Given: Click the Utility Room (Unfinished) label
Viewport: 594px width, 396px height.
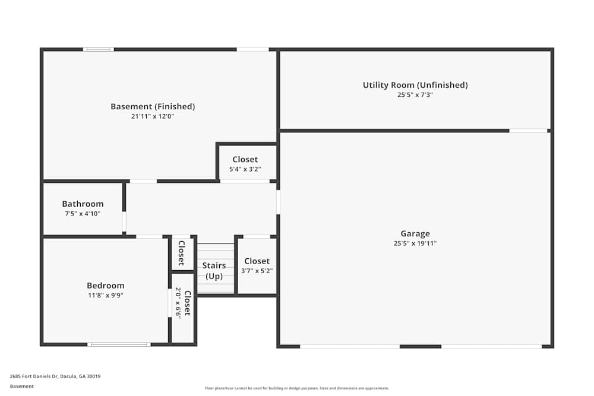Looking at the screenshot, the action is click(x=415, y=85).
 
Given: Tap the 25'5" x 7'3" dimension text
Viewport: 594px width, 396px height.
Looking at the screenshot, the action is click(x=415, y=94).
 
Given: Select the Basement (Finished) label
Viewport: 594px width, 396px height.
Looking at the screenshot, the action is click(x=153, y=106).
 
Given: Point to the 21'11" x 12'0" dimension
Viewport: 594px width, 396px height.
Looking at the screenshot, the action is click(x=153, y=116).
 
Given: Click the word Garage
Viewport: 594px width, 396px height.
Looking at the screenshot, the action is click(x=415, y=233).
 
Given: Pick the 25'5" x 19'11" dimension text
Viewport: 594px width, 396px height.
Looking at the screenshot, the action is click(x=415, y=243).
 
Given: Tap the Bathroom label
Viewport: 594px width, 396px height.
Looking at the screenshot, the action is click(x=83, y=204).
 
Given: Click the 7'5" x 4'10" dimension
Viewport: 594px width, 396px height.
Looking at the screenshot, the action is click(x=83, y=214).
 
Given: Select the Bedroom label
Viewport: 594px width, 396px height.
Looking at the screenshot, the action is click(x=105, y=286).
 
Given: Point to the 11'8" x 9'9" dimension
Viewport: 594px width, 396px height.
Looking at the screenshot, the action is click(x=106, y=295).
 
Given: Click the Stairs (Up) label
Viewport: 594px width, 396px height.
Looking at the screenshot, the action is click(x=214, y=271).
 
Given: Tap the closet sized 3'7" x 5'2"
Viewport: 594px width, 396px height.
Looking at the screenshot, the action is click(x=257, y=265).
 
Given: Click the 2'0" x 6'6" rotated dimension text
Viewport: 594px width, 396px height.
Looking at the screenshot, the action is click(x=178, y=303).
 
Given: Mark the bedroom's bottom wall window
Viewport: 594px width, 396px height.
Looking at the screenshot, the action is click(x=119, y=344).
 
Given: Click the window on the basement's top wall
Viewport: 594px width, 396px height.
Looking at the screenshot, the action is click(x=99, y=49).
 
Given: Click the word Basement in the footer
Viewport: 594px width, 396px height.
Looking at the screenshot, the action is click(x=21, y=386).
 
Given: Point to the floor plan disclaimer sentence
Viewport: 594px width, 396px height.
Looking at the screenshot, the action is click(x=296, y=388).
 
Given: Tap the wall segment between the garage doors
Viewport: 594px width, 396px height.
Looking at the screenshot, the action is click(x=421, y=346).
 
